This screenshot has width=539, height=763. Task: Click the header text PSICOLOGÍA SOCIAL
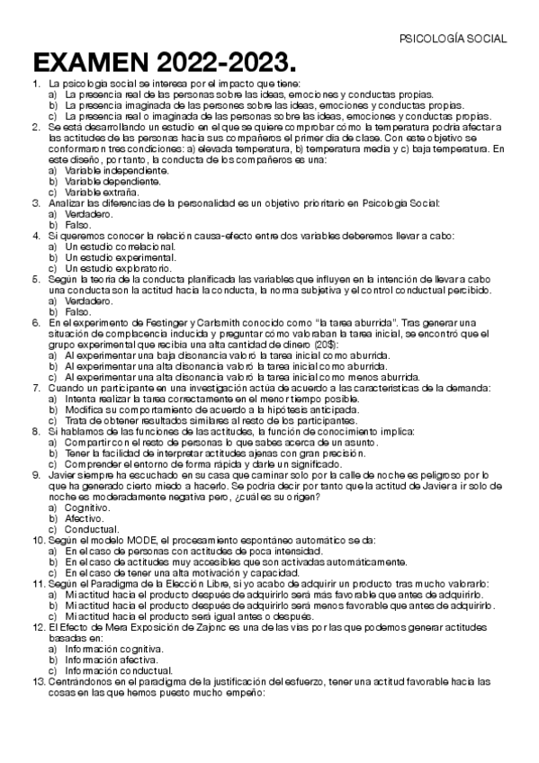tap(453, 39)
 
